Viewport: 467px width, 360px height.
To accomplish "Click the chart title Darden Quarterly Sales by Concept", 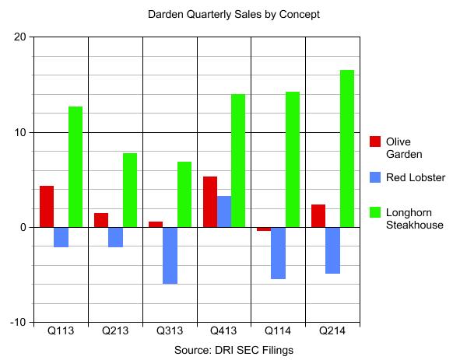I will [x=233, y=14].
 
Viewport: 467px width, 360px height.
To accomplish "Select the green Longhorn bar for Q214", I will [x=346, y=149].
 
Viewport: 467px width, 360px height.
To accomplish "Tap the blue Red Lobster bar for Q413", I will [x=223, y=211].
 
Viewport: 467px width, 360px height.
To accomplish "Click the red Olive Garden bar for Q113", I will [x=47, y=207].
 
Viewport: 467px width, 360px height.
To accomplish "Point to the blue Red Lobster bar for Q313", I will [x=170, y=255].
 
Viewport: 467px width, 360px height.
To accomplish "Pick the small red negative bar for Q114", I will [x=264, y=229].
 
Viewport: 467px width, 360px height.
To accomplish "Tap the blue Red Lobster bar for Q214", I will [x=332, y=250].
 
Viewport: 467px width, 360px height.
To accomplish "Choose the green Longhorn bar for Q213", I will [x=129, y=190].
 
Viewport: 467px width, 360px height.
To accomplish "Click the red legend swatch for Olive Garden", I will [x=375, y=142].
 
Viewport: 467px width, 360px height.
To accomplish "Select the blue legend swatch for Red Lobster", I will [x=375, y=177].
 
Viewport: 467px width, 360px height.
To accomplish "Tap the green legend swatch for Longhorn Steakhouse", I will [x=375, y=212].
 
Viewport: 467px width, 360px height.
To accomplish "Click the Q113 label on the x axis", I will [x=61, y=330].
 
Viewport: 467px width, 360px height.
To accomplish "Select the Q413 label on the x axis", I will [x=223, y=330].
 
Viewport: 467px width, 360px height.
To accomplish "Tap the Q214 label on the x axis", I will [x=332, y=330].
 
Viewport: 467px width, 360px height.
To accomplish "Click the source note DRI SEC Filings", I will [x=233, y=350].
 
